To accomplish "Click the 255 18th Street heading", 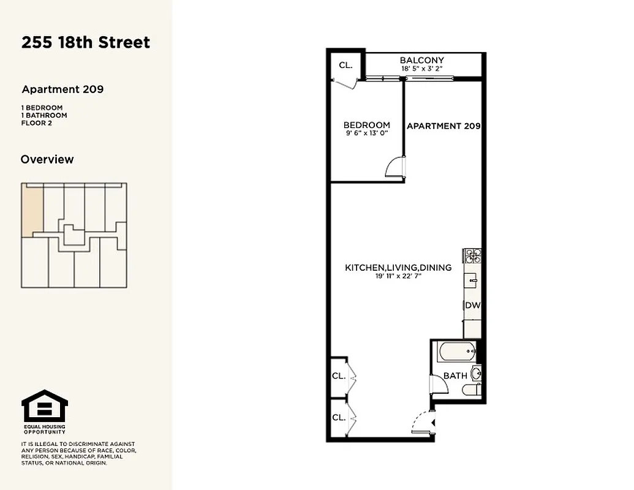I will (86, 43).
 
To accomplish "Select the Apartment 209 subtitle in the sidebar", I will (62, 89).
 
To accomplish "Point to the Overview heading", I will (47, 159).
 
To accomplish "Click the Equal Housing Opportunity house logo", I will (45, 406).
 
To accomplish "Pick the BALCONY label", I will (421, 60).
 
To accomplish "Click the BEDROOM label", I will (366, 125).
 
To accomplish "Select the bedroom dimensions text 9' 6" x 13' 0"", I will (366, 133).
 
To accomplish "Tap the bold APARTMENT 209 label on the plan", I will (443, 126).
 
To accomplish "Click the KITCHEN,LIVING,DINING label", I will (398, 268).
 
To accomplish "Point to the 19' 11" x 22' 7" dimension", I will (398, 276).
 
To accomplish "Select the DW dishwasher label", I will (472, 305).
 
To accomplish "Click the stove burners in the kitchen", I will (472, 255).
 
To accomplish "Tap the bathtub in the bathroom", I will (457, 352).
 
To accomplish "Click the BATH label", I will (455, 375).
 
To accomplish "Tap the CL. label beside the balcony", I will (345, 64).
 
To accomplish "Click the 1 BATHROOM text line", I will (44, 115).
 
